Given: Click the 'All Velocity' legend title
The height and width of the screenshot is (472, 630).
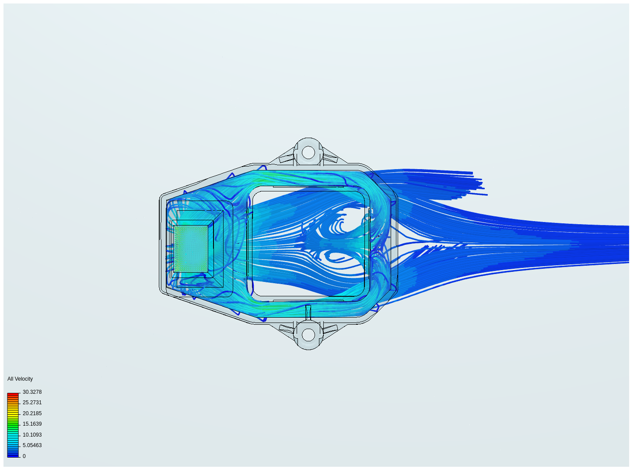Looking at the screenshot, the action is point(20,379).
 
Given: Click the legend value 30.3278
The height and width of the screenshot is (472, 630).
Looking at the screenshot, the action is point(32,392).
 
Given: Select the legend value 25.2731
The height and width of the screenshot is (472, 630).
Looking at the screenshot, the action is point(32,403).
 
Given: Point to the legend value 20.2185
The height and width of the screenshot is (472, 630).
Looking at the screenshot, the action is point(32,413).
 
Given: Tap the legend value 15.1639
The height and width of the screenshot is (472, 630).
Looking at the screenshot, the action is point(32,424).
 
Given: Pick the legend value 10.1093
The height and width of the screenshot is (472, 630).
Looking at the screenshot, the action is point(32,435).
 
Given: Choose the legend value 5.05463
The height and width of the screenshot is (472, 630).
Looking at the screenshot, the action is point(32,445).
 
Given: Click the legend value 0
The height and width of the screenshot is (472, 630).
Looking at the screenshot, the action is point(24,456).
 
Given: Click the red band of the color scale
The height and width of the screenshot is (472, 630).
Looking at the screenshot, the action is point(13,396).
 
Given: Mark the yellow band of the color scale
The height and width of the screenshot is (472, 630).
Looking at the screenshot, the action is point(13,413).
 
